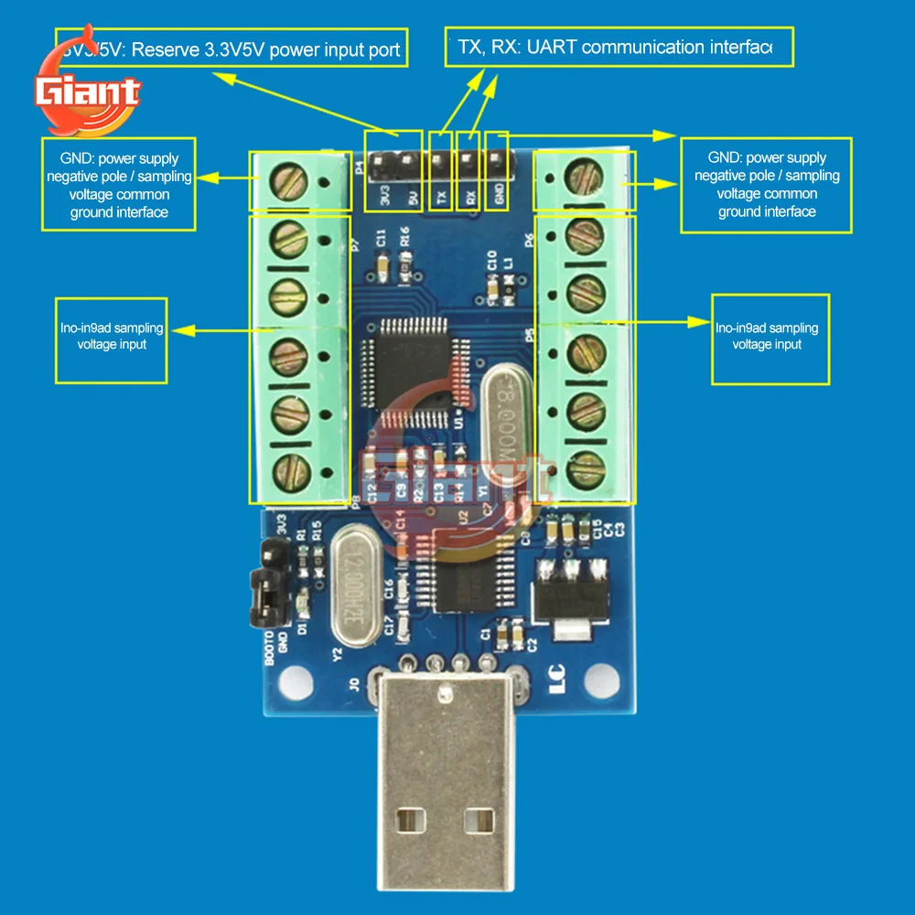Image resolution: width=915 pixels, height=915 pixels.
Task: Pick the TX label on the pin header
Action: pos(441,197)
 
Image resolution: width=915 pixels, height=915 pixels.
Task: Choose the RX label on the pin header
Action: pos(469,197)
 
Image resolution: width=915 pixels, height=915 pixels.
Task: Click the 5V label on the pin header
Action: pos(413,197)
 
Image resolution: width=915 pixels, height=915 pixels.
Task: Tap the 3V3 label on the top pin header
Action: pos(385,197)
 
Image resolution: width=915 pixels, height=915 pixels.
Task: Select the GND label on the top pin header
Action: pos(499,197)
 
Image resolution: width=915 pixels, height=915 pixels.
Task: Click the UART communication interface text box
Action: pos(619,47)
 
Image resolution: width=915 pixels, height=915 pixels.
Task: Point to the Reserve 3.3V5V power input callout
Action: pos(231,48)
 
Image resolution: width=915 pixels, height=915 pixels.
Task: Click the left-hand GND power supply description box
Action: pos(120,185)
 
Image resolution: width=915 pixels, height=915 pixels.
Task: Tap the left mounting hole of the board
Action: pos(294,680)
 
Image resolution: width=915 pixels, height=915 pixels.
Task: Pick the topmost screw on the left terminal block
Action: pos(288,178)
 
